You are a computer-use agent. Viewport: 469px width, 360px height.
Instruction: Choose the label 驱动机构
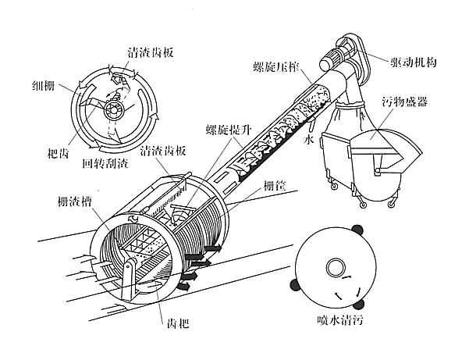point(419,59)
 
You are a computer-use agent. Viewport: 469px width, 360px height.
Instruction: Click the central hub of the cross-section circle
point(113,109)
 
